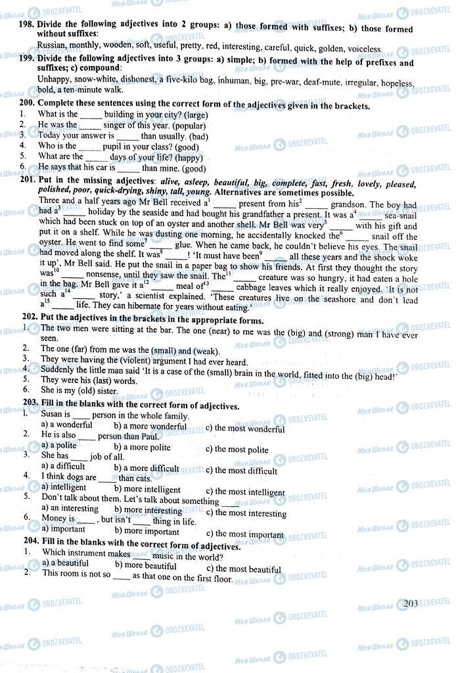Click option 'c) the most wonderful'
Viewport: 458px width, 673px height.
(245, 429)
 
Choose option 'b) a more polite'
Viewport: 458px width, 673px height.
(142, 447)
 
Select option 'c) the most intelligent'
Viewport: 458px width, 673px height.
(245, 492)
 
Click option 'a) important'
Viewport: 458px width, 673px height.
(63, 528)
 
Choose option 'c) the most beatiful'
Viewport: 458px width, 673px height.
(243, 569)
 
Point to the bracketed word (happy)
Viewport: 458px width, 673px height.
(185, 156)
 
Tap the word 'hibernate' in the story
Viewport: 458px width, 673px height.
(143, 307)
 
